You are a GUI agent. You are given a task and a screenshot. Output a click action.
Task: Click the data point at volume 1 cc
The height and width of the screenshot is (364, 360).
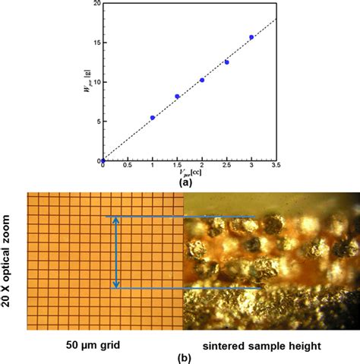click(x=153, y=118)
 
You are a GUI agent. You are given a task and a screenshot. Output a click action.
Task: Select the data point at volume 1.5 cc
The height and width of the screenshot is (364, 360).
click(x=178, y=97)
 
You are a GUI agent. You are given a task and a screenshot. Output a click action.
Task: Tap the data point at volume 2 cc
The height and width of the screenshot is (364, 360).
click(x=202, y=80)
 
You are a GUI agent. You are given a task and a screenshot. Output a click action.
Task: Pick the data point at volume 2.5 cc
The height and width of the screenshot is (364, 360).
click(x=227, y=62)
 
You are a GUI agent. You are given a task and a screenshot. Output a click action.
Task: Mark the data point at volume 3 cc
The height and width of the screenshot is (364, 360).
click(x=251, y=37)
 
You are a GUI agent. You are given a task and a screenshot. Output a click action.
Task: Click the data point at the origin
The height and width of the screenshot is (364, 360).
click(x=103, y=161)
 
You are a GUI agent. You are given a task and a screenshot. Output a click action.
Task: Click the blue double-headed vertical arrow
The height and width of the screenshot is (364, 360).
click(x=115, y=252)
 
